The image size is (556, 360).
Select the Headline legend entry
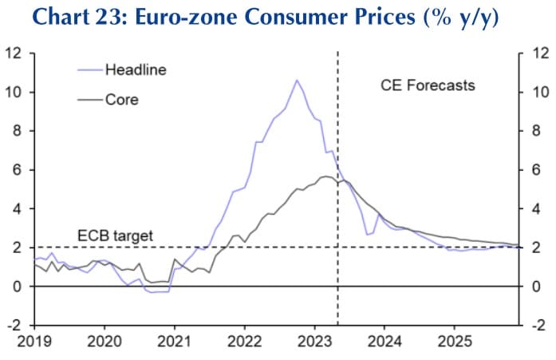(x=136, y=70)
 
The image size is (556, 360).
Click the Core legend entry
(x=121, y=101)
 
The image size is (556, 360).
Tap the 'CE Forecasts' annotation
(x=428, y=85)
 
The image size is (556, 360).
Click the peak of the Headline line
(x=297, y=80)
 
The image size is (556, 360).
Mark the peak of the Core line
(x=326, y=176)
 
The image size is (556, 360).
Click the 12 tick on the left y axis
(x=14, y=53)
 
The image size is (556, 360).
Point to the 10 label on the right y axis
(x=539, y=93)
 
